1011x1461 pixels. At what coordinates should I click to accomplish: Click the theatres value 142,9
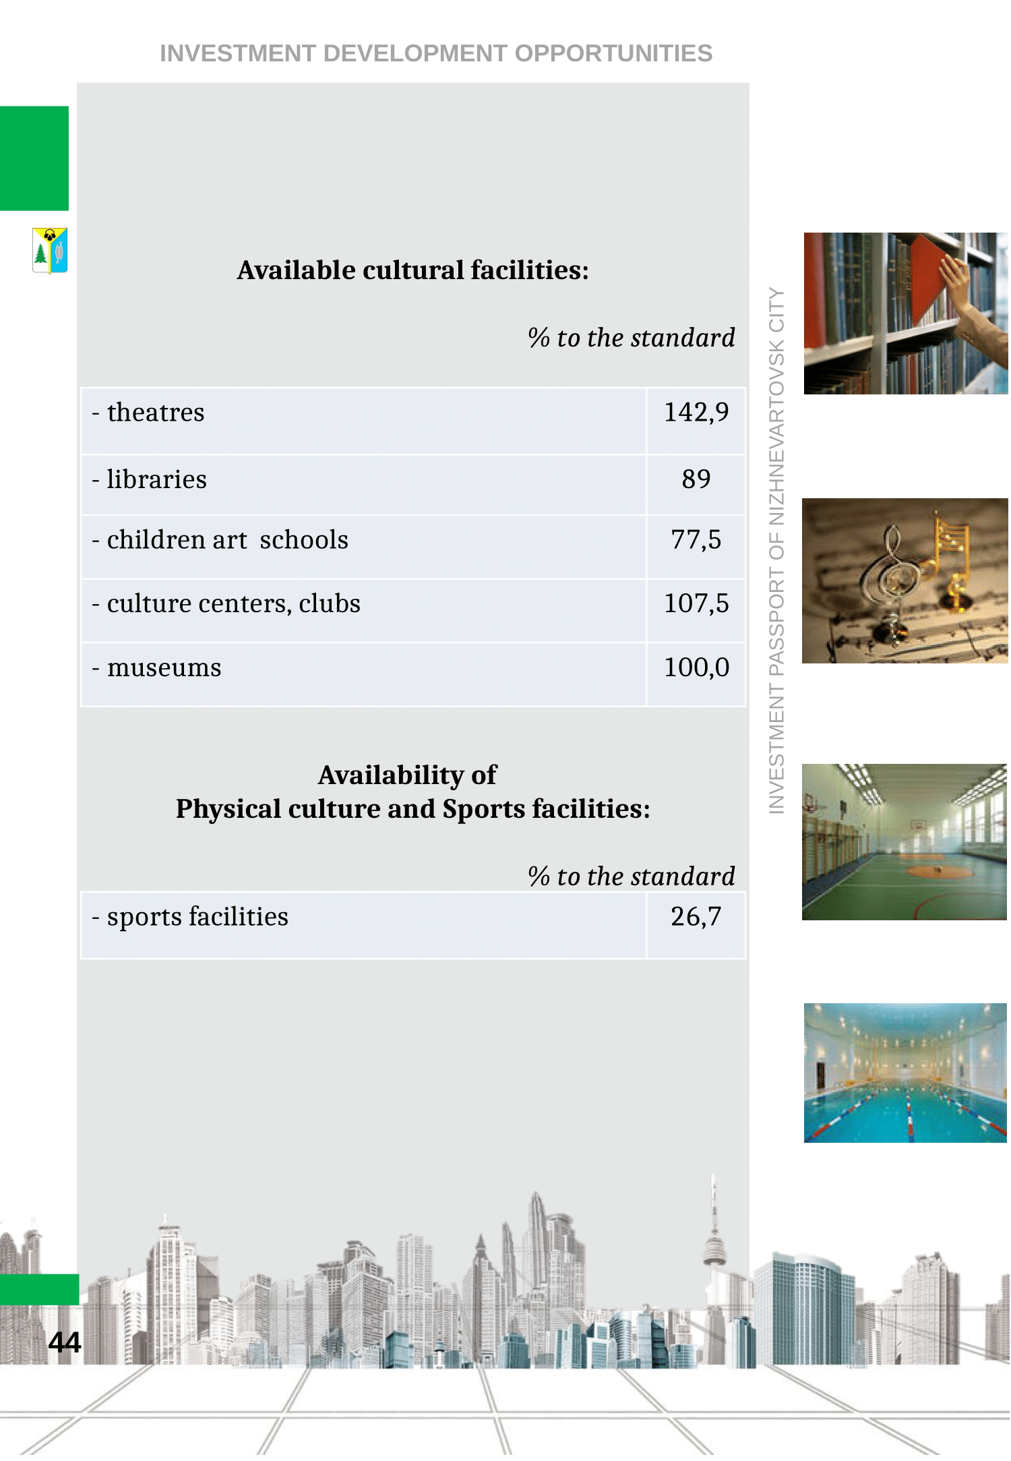[696, 412]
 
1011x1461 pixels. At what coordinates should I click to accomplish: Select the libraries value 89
[696, 479]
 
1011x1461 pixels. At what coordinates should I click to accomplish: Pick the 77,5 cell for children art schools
[696, 540]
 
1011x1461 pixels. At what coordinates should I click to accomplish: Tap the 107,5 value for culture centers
[696, 603]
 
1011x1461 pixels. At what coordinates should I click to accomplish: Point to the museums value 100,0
[696, 667]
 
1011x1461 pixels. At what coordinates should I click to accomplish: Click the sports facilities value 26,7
[696, 917]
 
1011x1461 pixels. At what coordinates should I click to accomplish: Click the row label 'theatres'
[156, 413]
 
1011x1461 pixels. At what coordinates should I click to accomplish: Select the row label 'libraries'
[157, 479]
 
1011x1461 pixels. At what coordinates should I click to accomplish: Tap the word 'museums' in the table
[164, 668]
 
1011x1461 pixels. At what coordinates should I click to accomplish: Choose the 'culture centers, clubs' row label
[233, 603]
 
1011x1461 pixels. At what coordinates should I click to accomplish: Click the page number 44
[65, 1342]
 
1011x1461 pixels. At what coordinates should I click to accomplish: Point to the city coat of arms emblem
[50, 250]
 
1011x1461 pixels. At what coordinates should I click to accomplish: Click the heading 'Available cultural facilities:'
[412, 270]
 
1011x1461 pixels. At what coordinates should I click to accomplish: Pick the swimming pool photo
[905, 1073]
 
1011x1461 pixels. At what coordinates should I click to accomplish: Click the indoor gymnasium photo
[905, 842]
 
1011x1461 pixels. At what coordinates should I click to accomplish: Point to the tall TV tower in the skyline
[714, 1241]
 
